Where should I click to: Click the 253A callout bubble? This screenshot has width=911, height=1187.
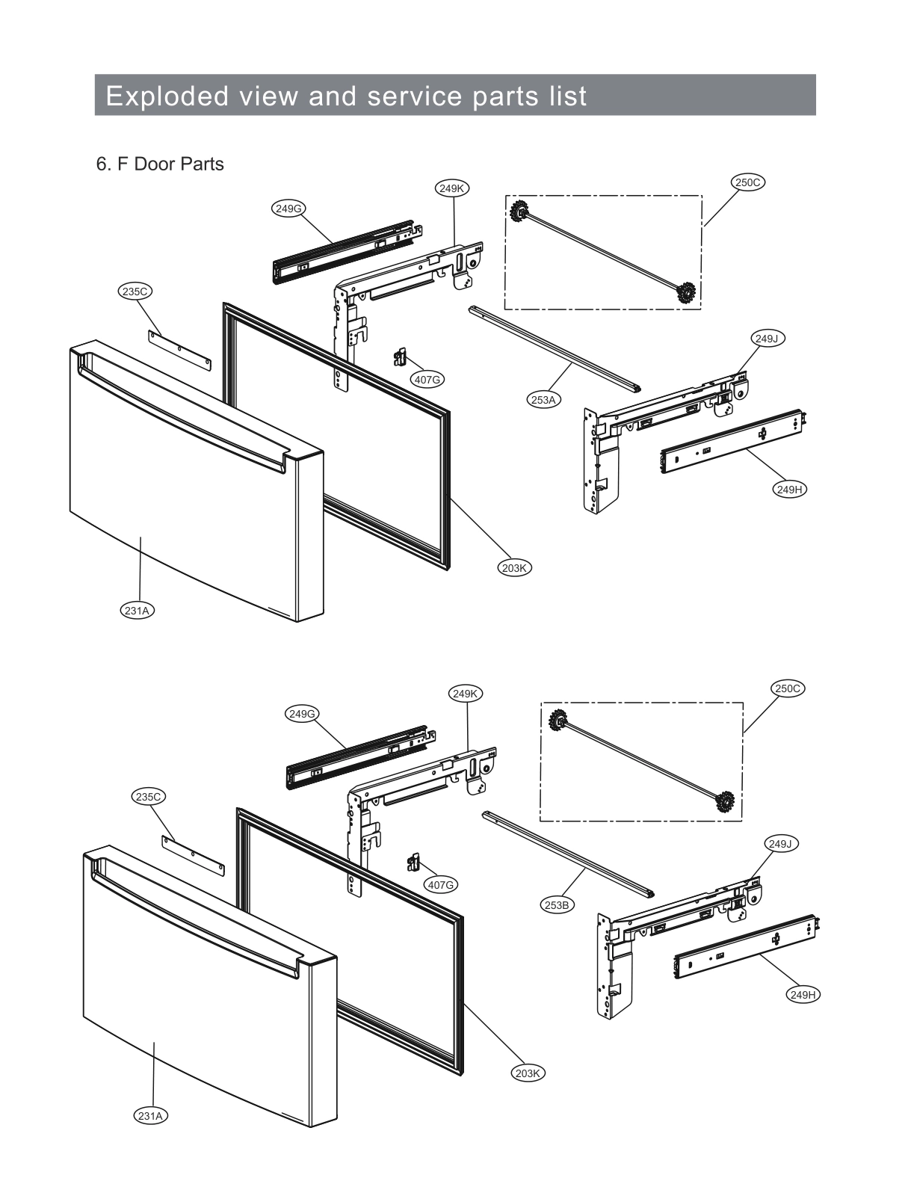point(543,400)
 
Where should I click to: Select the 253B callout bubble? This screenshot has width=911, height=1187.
point(557,905)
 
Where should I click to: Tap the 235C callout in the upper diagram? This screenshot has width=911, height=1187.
point(135,292)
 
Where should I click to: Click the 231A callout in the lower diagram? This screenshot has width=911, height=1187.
point(151,1116)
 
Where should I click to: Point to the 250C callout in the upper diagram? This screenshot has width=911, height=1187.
point(747,182)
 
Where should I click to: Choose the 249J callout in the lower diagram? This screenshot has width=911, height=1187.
point(779,844)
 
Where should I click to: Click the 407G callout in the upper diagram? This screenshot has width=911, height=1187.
point(427,380)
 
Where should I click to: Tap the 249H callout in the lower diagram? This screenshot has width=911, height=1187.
point(803,995)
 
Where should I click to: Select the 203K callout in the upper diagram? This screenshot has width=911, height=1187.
point(514,568)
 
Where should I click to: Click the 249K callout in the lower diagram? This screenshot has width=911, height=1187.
point(465,694)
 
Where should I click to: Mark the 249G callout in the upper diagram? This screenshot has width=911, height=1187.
point(288,209)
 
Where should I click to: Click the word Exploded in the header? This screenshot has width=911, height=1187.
point(167,96)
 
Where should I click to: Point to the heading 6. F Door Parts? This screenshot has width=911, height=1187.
point(160,164)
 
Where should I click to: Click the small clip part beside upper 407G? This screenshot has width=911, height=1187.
point(400,357)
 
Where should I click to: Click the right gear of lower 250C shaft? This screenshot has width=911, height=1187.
point(723,802)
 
